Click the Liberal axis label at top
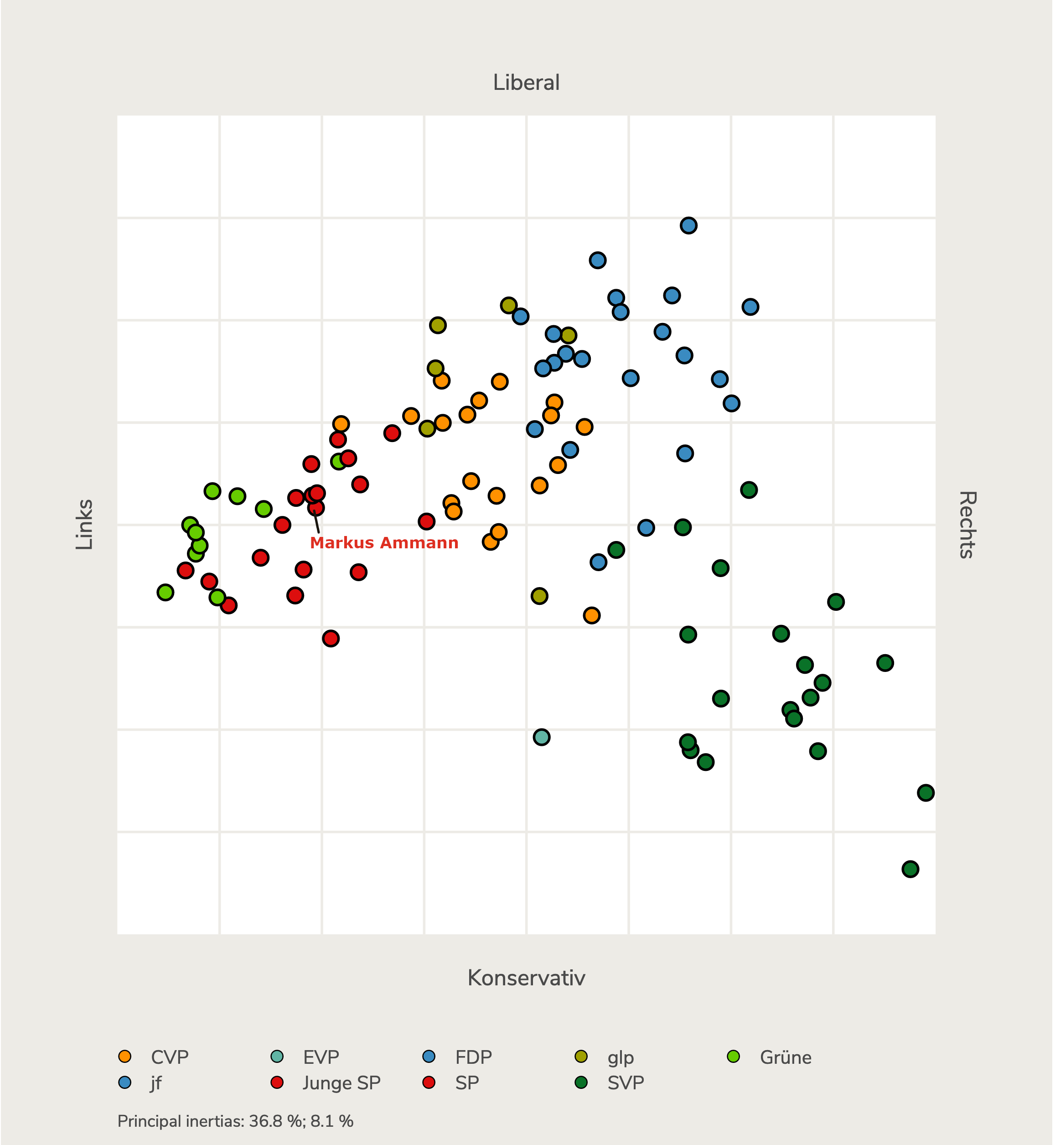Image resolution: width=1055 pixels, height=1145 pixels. pos(526,83)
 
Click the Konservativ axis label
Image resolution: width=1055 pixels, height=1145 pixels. pos(526,978)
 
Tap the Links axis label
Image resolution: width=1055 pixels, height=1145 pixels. pos(84,524)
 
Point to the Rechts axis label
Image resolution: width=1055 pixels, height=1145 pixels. pos(967,524)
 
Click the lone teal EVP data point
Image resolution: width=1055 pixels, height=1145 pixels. pos(541,737)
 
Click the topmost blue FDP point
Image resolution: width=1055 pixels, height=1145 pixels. pos(688,225)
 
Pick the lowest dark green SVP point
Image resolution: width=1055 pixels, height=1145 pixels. pos(910,869)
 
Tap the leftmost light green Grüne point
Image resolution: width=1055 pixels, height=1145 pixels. pos(165,592)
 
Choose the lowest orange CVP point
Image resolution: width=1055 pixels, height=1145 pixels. pos(591,615)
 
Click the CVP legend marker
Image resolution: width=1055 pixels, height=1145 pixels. pos(124,1057)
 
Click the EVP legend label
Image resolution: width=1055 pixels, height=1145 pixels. pos(321,1057)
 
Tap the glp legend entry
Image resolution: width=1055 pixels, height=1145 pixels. pos(620,1057)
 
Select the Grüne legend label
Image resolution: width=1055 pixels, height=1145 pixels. pos(785,1057)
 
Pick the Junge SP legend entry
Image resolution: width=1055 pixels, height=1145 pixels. pos(341,1083)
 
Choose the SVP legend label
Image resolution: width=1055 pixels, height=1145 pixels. pos(626,1083)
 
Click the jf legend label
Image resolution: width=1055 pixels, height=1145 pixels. pos(156,1083)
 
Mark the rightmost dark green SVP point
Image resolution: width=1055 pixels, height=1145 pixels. pos(926,793)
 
